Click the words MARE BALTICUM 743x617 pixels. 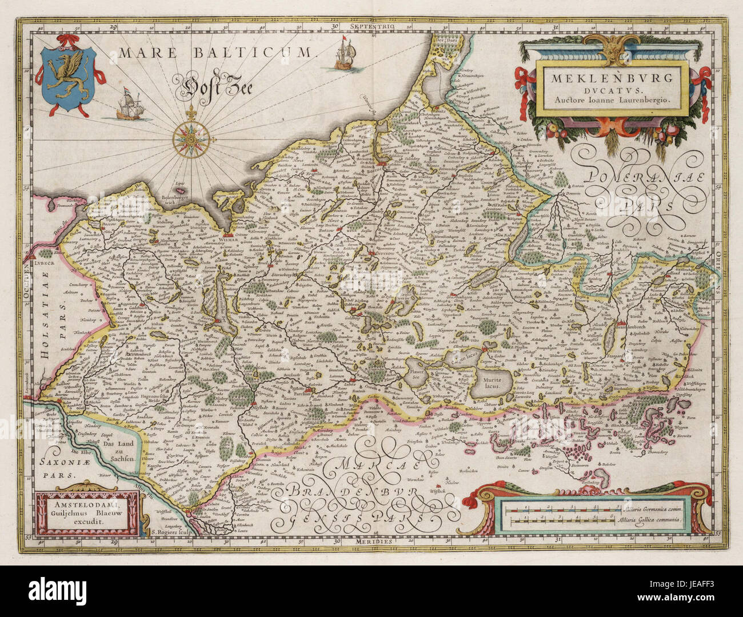[217, 53]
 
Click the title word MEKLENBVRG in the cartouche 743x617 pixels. [613, 78]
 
